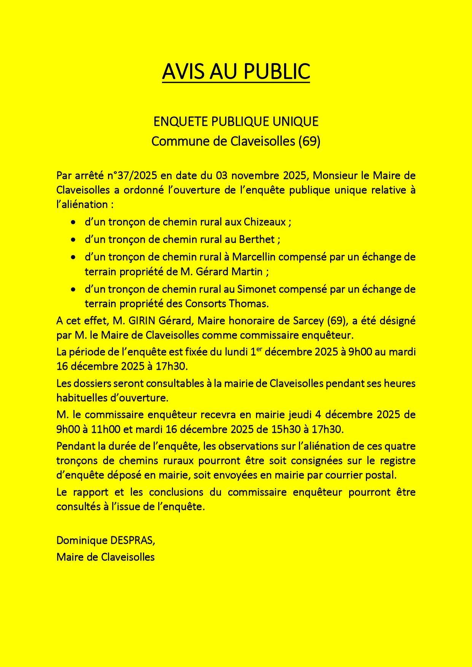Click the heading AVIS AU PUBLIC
pyautogui.click(x=236, y=71)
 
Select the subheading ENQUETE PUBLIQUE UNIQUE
pyautogui.click(x=236, y=122)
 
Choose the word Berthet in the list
pyautogui.click(x=257, y=239)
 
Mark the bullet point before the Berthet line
pyautogui.click(x=73, y=240)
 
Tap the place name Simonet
pyautogui.click(x=254, y=289)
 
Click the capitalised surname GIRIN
pyautogui.click(x=142, y=321)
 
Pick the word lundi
pyautogui.click(x=236, y=352)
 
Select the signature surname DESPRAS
pyautogui.click(x=132, y=540)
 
